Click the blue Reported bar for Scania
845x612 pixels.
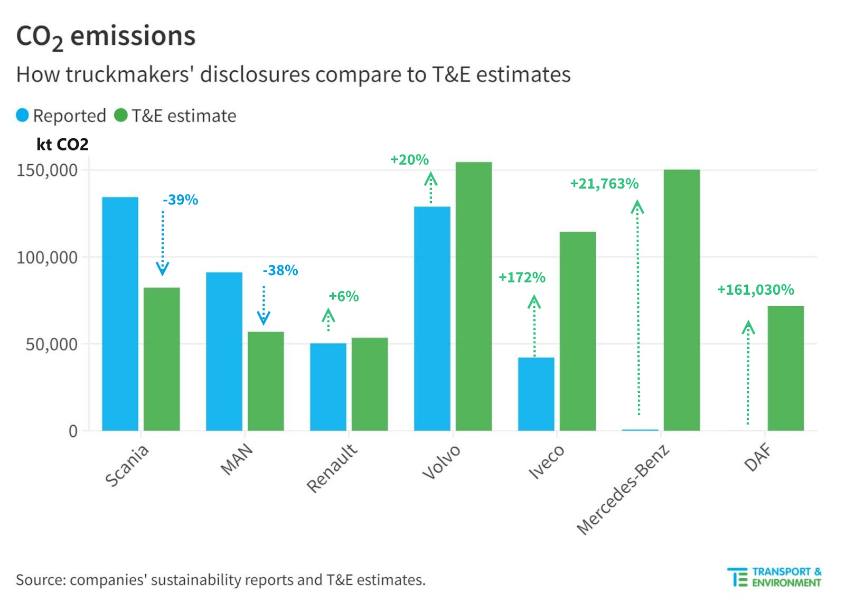[120, 314]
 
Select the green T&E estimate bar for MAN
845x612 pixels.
[266, 381]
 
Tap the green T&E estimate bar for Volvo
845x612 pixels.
[473, 296]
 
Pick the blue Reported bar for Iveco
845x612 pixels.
[536, 394]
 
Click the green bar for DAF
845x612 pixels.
[785, 368]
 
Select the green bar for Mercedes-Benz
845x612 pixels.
[681, 300]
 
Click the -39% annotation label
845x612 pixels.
[181, 200]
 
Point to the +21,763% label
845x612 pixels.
[604, 184]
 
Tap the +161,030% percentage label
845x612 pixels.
[755, 289]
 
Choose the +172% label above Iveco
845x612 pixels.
[522, 277]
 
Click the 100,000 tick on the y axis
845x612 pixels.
[47, 258]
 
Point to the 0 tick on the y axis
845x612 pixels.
[73, 431]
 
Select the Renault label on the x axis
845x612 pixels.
[332, 468]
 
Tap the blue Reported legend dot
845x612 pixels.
[22, 115]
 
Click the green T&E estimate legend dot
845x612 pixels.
[121, 115]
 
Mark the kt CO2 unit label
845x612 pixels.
[62, 144]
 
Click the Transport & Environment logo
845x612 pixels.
[774, 577]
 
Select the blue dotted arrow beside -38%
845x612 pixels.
[264, 305]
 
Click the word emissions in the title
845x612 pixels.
[133, 36]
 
